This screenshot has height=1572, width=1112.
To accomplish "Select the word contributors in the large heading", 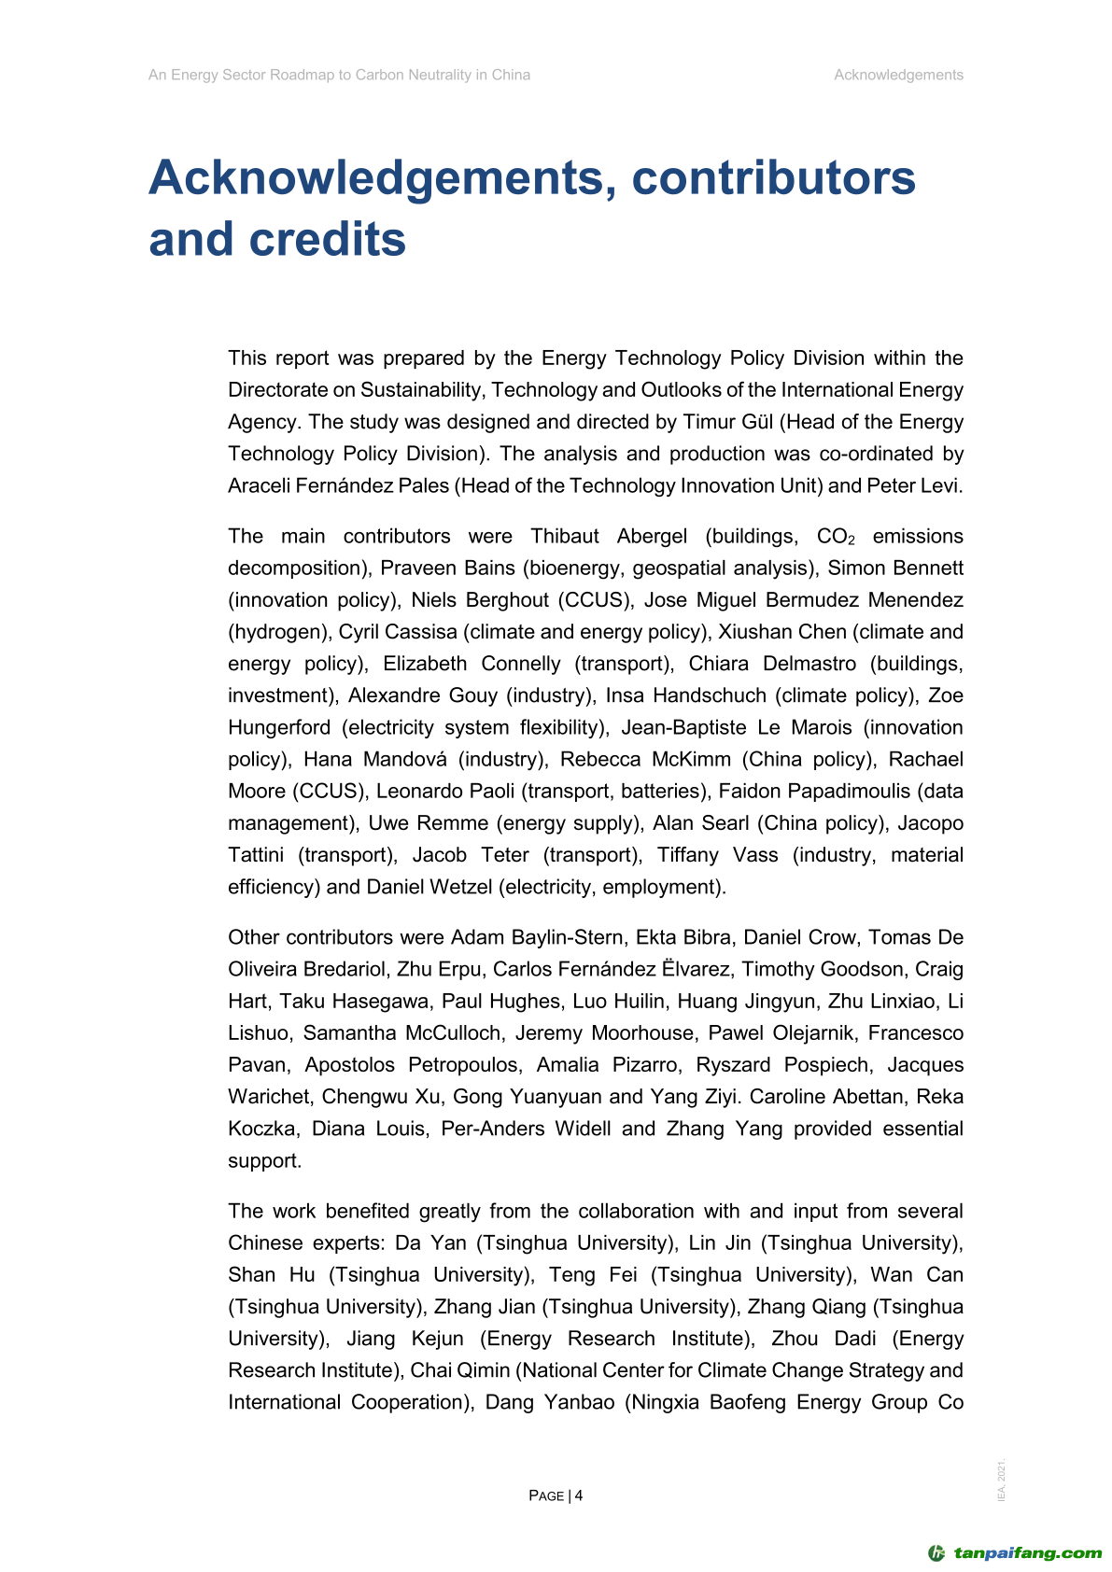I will [773, 177].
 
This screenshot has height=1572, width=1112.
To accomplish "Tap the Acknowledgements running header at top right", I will [898, 75].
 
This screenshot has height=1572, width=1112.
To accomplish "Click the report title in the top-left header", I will [339, 75].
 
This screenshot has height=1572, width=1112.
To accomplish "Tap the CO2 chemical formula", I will [836, 537].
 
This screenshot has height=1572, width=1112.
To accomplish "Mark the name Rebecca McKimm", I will [645, 759].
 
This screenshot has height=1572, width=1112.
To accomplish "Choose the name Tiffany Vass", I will [717, 855].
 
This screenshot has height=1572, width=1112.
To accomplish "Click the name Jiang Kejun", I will [405, 1339].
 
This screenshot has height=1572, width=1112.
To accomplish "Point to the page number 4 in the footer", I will [579, 1495].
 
